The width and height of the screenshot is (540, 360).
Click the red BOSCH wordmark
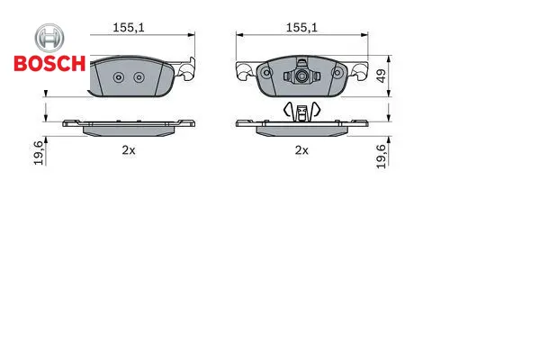point(49,63)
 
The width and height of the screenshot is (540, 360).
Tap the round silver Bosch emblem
point(49,38)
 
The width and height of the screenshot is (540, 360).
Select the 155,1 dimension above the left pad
point(129,28)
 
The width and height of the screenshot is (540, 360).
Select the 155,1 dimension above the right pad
point(301,28)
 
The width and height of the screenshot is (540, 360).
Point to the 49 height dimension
point(382,76)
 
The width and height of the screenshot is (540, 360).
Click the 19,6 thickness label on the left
point(39,153)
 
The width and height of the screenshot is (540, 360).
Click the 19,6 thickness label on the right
point(381,157)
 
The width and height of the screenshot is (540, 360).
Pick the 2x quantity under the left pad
point(129,150)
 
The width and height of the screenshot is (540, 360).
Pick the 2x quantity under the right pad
point(301,150)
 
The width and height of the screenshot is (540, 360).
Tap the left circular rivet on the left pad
point(119,77)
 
